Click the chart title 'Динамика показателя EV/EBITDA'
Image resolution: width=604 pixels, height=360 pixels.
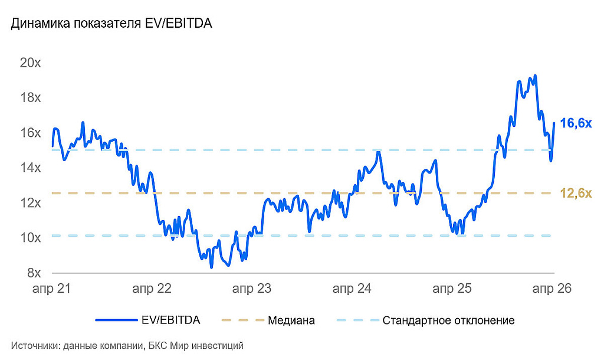[x=111, y=24]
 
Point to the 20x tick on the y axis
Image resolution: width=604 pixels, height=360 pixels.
[x=30, y=63]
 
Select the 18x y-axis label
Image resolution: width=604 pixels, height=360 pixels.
[x=30, y=98]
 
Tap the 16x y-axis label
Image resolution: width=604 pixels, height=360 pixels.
[x=30, y=133]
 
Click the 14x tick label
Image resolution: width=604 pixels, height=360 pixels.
[x=30, y=168]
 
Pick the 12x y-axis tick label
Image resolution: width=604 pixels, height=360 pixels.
[x=30, y=203]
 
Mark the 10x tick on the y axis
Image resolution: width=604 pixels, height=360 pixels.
[x=30, y=238]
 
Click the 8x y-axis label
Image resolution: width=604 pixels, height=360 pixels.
[x=33, y=273]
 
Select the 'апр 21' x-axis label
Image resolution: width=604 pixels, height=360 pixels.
[x=51, y=289]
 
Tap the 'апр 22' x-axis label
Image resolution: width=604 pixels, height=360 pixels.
[x=152, y=289]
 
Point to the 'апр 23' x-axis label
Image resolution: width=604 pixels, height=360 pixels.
[x=252, y=289]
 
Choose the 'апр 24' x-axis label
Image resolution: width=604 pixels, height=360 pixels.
[x=352, y=289]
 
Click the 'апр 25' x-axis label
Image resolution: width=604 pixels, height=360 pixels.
[x=452, y=289]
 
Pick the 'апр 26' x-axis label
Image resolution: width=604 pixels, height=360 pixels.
[x=552, y=289]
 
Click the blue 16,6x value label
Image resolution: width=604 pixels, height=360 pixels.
[x=576, y=123]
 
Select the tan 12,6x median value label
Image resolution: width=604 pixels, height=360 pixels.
[x=576, y=193]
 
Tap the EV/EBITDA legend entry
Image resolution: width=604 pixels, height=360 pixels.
[x=171, y=320]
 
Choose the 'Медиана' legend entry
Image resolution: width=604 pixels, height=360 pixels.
[x=291, y=320]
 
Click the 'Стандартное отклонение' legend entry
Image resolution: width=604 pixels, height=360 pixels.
[x=448, y=320]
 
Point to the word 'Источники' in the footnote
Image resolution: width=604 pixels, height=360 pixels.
[x=34, y=345]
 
